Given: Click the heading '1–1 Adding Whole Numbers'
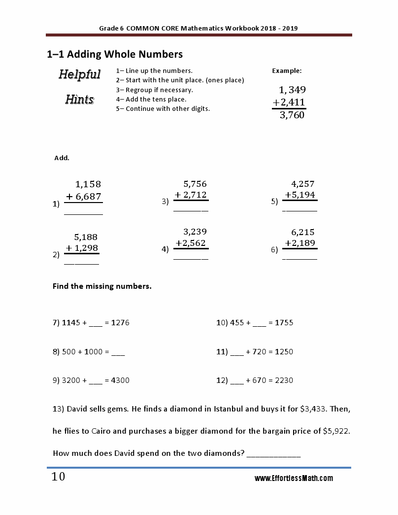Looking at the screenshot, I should pos(115,54).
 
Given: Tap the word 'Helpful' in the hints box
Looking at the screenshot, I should pos(80,74).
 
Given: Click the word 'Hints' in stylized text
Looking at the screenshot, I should pos(80,100).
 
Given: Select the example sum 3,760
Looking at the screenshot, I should pos(292,115).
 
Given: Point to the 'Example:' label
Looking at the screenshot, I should pos(287,71).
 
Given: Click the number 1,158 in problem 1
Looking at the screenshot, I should pos(88,184).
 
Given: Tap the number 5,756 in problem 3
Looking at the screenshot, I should pos(195,184).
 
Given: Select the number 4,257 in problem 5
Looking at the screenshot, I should pos(303,184).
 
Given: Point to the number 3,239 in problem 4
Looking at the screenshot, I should pos(195,232).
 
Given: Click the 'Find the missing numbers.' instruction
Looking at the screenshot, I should pos(102,286).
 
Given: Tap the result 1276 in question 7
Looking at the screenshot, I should pos(120,323).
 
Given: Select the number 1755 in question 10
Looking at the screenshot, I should pos(284,323).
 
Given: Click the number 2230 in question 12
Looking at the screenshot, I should pos(284,380).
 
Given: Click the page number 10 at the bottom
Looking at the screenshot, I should pos(58,477).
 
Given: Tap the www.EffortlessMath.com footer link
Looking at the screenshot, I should pos(294,479).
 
